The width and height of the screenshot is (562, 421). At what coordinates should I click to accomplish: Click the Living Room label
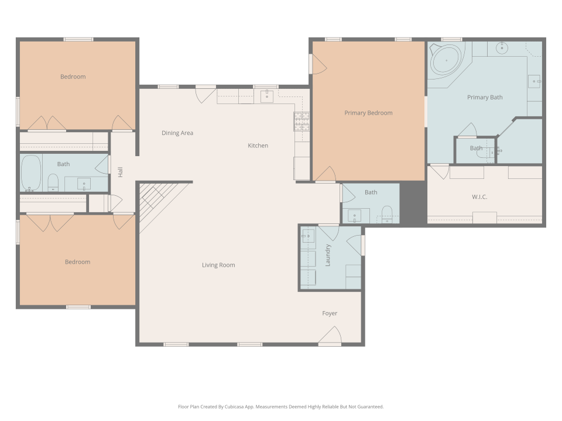(218, 265)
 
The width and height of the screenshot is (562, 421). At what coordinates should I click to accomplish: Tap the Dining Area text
(177, 133)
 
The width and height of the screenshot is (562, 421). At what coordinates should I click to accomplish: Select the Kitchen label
(258, 146)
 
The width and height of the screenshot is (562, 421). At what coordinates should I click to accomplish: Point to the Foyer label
(330, 313)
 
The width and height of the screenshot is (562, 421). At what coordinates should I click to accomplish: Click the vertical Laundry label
(328, 255)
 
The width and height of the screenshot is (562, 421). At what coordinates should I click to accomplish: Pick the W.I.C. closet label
(479, 197)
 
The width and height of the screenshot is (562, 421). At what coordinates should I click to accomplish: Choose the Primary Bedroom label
(368, 113)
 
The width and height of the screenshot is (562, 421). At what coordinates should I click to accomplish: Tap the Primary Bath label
(485, 97)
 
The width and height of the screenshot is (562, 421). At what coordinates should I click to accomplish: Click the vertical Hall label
(120, 172)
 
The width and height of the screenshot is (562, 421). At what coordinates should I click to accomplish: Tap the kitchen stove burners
(301, 121)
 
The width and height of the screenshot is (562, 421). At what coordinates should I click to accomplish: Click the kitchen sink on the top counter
(268, 96)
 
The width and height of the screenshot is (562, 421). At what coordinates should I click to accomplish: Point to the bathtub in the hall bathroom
(30, 174)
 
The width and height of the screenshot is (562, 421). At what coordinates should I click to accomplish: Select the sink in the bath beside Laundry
(354, 216)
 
